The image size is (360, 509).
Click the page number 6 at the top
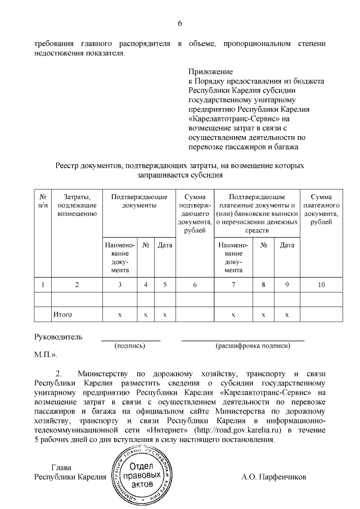click(180, 23)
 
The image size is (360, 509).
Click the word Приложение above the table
click(210, 73)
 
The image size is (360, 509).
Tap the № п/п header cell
click(43, 201)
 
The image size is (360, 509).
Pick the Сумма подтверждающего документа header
click(195, 217)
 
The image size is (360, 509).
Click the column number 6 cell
click(195, 285)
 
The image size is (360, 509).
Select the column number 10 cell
click(321, 285)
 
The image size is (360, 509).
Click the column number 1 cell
click(43, 285)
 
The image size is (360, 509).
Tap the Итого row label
click(62, 314)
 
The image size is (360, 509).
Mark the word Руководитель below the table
click(58, 337)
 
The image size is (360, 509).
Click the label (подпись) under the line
click(130, 346)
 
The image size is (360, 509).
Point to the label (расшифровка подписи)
click(243, 346)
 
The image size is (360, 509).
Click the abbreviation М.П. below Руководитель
click(45, 355)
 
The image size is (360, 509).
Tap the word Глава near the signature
click(62, 467)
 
